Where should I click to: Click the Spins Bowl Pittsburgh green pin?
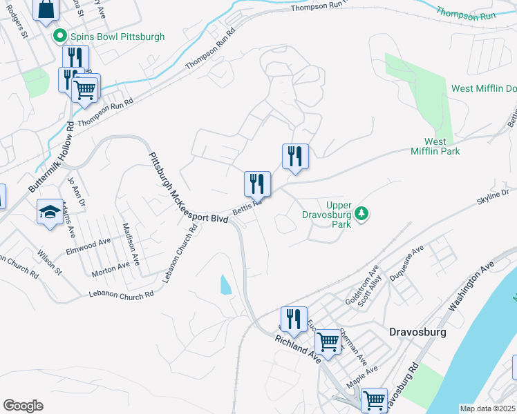click(x=59, y=36)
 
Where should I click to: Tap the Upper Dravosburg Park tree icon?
click(x=361, y=214)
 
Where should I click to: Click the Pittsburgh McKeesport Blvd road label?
click(x=189, y=186)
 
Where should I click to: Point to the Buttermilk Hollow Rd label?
click(x=51, y=158)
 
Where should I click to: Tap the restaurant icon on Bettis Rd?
click(x=257, y=184)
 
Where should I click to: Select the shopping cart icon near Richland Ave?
click(x=328, y=341)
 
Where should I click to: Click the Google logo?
click(x=23, y=406)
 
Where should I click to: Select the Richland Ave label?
click(x=299, y=344)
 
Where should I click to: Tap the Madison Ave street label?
click(x=131, y=245)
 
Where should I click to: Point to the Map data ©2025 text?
click(x=488, y=408)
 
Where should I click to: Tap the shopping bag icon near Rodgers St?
click(x=46, y=9)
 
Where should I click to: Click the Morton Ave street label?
click(x=111, y=269)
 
